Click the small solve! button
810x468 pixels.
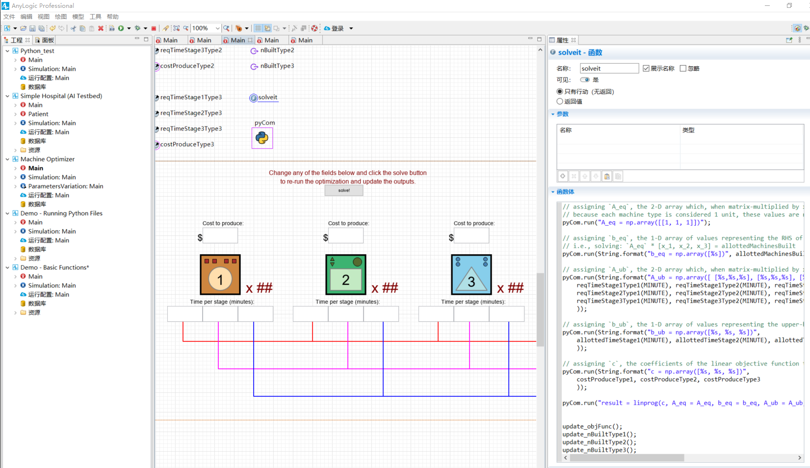click(344, 190)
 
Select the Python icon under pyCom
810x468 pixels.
click(262, 138)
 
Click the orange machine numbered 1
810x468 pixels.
click(220, 275)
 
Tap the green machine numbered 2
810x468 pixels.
click(346, 275)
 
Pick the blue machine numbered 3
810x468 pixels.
click(471, 275)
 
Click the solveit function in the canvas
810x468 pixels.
click(267, 98)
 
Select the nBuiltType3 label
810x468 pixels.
click(277, 66)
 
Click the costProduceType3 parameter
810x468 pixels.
click(187, 144)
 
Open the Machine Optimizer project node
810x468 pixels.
click(48, 159)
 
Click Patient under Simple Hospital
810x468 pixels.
click(38, 114)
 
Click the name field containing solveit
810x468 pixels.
click(609, 68)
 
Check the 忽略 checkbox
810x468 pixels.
click(683, 68)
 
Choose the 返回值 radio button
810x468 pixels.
click(560, 101)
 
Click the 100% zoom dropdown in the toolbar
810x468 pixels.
click(206, 28)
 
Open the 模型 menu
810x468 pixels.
click(78, 17)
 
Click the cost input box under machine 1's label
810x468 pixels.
click(220, 236)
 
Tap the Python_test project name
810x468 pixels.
click(37, 51)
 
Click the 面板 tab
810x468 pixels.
click(48, 40)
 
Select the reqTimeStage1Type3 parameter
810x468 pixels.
click(191, 97)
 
